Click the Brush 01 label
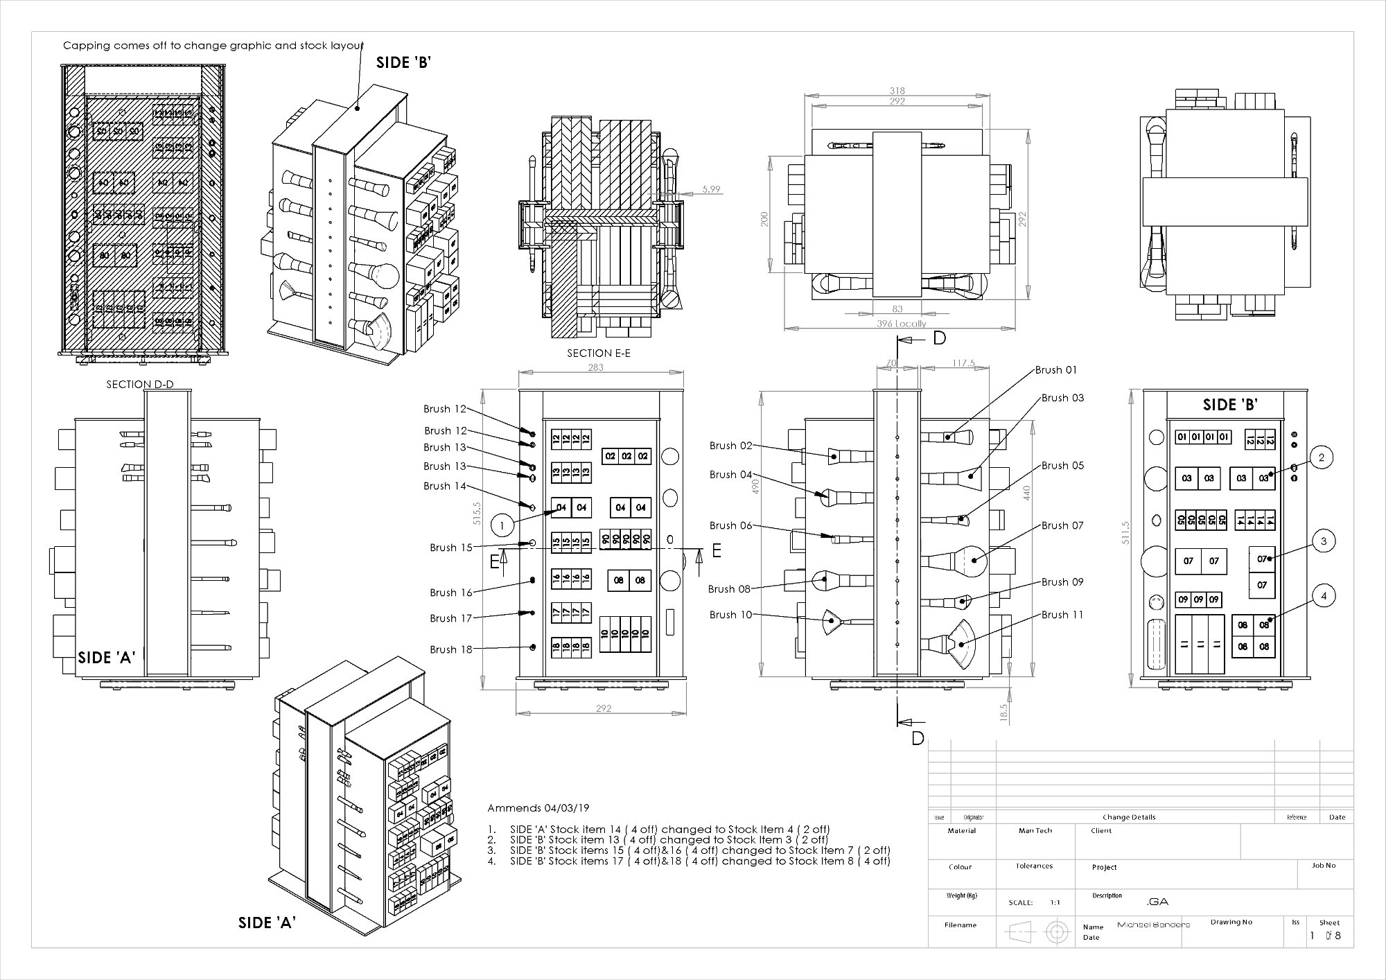coord(1055,370)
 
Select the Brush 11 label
coord(1062,615)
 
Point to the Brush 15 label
coord(450,548)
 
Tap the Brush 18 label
coord(450,649)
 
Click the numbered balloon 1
coord(502,526)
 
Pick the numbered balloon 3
coord(1324,541)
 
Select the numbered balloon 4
coord(1324,596)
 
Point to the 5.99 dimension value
coord(711,189)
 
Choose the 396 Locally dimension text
coord(900,324)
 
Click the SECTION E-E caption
coord(599,353)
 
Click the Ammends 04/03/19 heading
coord(538,808)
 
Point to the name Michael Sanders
coord(1153,925)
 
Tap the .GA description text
coord(1157,902)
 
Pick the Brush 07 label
coord(1062,526)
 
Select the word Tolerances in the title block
coord(1034,866)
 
